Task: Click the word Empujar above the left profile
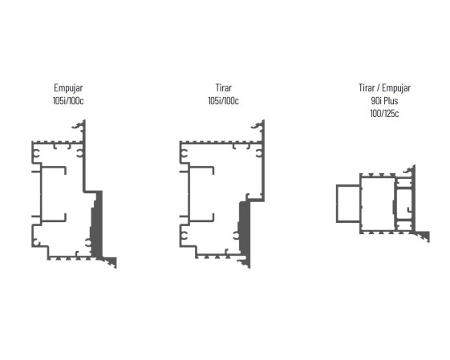68,88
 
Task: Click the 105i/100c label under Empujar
68,101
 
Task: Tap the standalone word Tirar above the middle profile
224,87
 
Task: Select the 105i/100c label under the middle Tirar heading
223,101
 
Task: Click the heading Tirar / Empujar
384,88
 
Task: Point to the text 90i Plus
384,101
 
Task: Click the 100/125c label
384,114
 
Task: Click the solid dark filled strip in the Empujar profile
97,224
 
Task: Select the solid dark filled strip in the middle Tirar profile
244,229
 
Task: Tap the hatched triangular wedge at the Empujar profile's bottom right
111,261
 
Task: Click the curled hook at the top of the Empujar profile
78,126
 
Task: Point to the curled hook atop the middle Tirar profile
257,126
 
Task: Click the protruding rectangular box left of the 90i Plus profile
348,204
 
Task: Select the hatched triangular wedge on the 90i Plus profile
424,236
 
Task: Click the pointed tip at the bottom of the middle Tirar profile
249,268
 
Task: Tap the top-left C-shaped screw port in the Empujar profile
36,154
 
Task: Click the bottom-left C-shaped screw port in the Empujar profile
36,242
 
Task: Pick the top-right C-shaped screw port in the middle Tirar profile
259,154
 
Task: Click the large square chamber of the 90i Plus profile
377,204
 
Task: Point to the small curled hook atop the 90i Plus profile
408,171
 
